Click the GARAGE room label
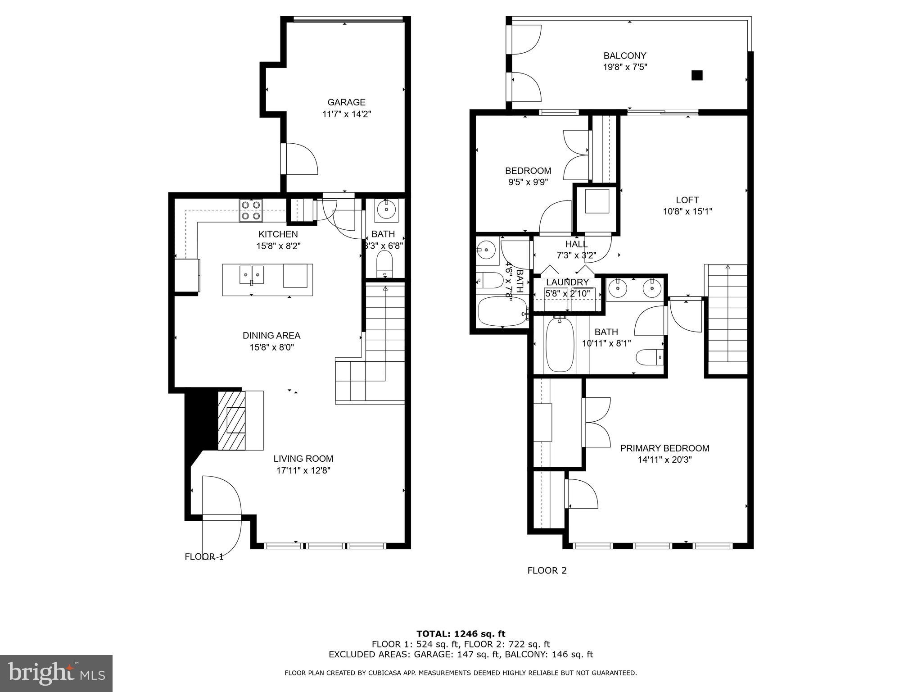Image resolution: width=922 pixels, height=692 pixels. pyautogui.click(x=346, y=102)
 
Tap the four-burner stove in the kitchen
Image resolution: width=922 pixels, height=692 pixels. pyautogui.click(x=251, y=210)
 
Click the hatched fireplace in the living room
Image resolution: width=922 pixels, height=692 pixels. pyautogui.click(x=232, y=420)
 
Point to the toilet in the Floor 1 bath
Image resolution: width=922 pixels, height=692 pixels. pyautogui.click(x=384, y=264)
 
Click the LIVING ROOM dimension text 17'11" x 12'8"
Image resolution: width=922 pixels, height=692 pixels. pyautogui.click(x=303, y=470)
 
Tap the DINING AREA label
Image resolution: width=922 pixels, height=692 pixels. pyautogui.click(x=271, y=335)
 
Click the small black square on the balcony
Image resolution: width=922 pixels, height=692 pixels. pyautogui.click(x=696, y=75)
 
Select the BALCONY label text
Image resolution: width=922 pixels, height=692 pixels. pyautogui.click(x=624, y=55)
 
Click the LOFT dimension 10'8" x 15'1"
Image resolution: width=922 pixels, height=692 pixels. pyautogui.click(x=687, y=211)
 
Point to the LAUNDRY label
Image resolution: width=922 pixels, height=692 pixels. pyautogui.click(x=567, y=282)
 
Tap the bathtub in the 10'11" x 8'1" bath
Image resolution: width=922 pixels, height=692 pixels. pyautogui.click(x=560, y=345)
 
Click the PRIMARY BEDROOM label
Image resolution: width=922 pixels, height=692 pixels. pyautogui.click(x=664, y=448)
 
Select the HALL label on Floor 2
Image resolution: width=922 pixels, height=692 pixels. pyautogui.click(x=576, y=244)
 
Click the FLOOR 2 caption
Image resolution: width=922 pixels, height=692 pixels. pyautogui.click(x=547, y=570)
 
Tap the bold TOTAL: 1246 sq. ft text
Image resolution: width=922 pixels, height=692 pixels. pyautogui.click(x=461, y=634)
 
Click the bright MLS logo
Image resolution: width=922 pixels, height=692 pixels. pyautogui.click(x=56, y=673)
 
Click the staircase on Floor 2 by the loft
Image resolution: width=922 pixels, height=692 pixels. pyautogui.click(x=728, y=320)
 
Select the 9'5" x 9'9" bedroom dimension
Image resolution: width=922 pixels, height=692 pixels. pyautogui.click(x=528, y=182)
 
